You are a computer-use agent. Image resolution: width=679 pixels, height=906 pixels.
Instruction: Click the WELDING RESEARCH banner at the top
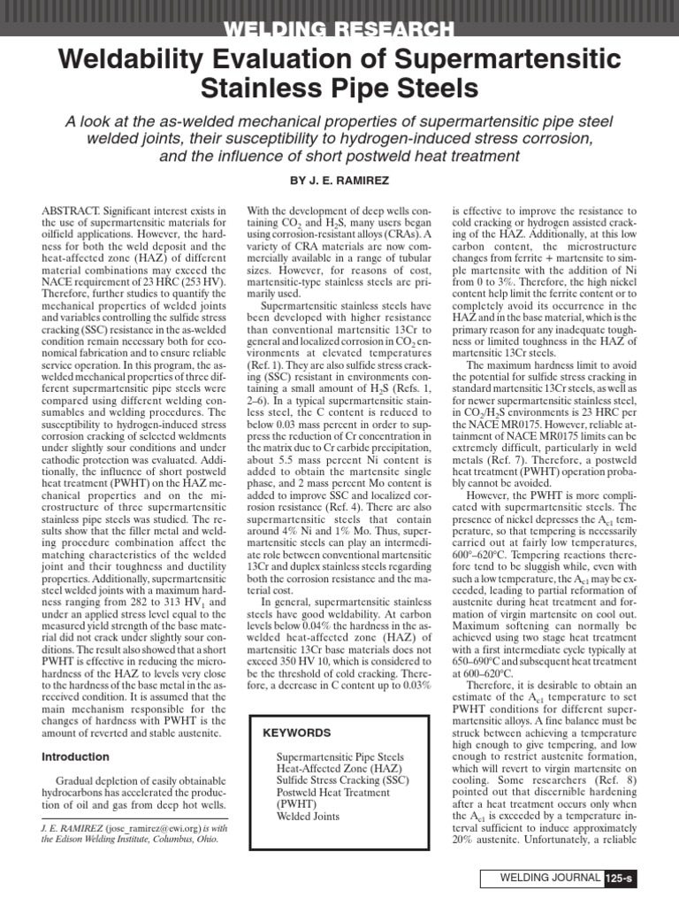339,29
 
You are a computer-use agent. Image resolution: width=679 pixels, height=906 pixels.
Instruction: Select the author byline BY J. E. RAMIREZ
339,180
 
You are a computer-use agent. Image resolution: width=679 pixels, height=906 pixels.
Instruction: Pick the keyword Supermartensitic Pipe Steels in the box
340,757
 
